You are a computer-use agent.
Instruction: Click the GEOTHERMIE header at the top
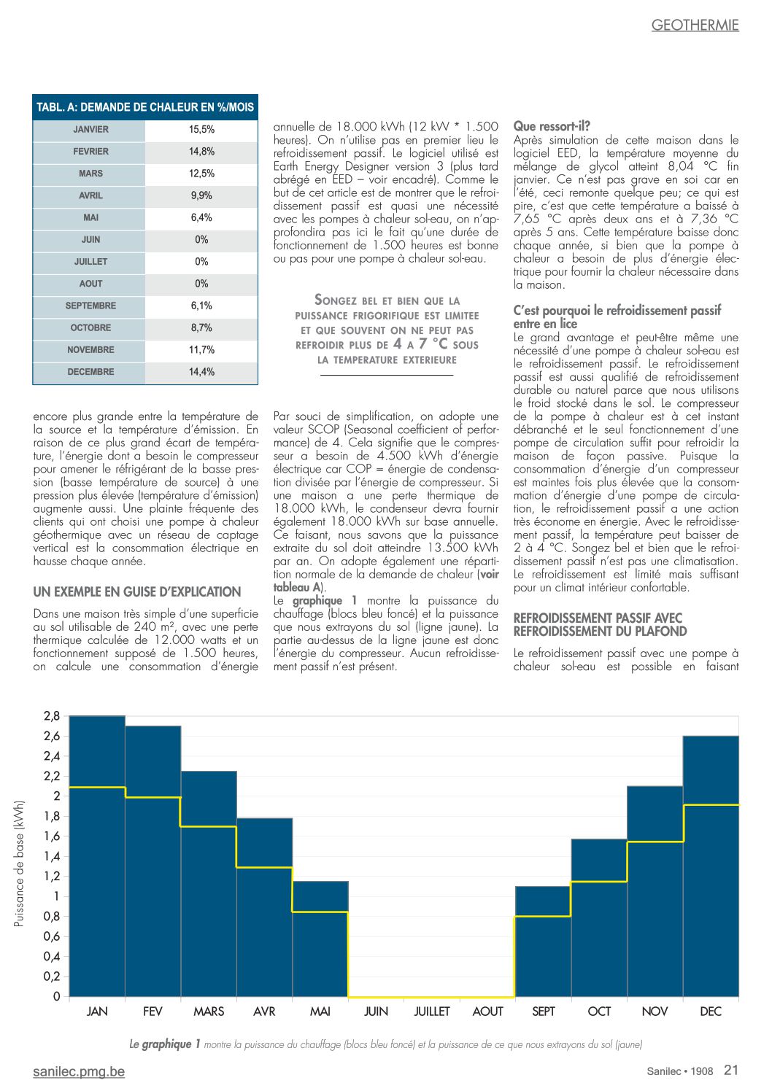695,26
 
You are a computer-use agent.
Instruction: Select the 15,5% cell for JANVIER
202,130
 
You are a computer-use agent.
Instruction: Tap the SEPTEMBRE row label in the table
90,306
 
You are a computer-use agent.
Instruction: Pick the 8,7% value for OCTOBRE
202,327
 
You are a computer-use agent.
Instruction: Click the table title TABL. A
145,107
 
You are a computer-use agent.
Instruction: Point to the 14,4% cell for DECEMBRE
202,372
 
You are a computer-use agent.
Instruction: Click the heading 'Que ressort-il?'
552,127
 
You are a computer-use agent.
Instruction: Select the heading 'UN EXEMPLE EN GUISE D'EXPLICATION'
137,591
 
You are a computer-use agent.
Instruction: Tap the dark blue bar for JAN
98,856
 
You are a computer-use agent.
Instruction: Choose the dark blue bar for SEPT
543,941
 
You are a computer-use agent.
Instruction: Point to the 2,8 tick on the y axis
52,716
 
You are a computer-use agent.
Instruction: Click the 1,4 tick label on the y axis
52,856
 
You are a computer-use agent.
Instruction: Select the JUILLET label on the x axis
432,1012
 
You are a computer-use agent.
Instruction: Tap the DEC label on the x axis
711,1012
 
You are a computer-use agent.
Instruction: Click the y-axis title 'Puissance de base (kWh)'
18,863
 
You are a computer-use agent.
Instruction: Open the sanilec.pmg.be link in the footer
79,1071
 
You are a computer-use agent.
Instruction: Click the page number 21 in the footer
731,1070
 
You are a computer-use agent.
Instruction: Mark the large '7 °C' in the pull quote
433,344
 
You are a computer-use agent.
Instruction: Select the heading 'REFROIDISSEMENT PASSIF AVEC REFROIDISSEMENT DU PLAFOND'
600,625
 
